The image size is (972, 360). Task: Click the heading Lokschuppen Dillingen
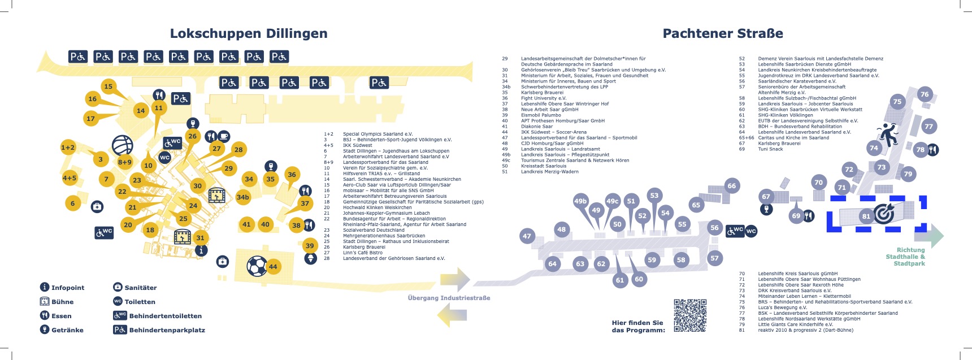click(249, 33)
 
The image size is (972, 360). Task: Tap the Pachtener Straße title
click(722, 33)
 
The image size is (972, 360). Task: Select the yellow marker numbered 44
click(273, 267)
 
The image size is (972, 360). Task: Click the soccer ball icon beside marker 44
click(257, 266)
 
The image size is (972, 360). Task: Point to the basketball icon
click(122, 145)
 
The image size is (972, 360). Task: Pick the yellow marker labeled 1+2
click(68, 148)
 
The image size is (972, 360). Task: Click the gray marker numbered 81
click(866, 216)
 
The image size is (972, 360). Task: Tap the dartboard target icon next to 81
click(884, 214)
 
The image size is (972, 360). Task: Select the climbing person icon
click(888, 135)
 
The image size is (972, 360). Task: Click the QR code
click(690, 315)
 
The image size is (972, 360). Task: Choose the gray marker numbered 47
click(527, 236)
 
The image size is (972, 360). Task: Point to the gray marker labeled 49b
click(580, 201)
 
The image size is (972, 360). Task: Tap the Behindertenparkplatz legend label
click(167, 330)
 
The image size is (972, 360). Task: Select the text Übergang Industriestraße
click(449, 298)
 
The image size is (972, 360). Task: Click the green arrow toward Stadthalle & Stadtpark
click(936, 236)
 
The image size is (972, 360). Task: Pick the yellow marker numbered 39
click(310, 245)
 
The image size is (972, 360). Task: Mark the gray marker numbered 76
click(925, 94)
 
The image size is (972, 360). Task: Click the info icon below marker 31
click(201, 250)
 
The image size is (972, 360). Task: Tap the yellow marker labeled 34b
click(243, 197)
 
